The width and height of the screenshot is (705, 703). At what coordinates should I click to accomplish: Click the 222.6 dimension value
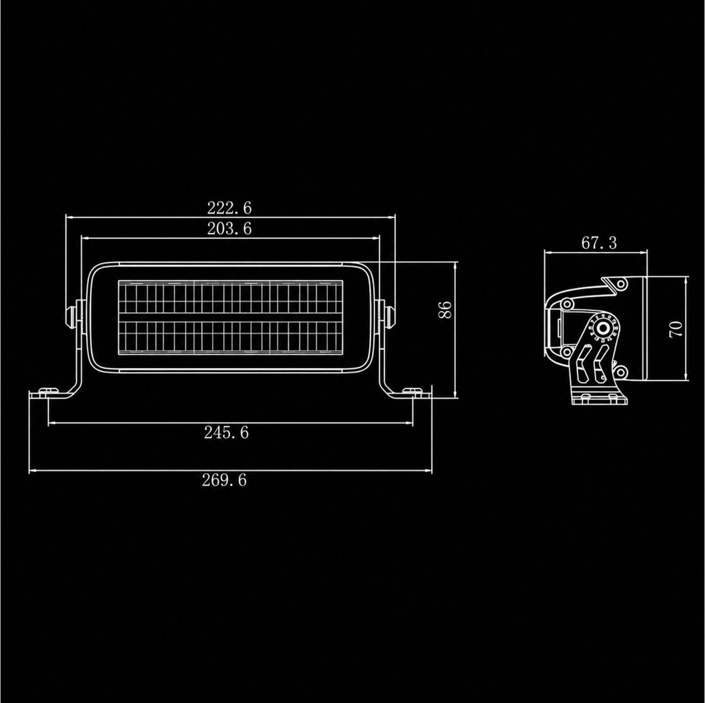(229, 208)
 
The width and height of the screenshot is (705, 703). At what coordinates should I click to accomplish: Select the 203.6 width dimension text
(229, 229)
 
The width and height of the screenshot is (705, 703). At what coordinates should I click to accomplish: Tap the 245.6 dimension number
(226, 433)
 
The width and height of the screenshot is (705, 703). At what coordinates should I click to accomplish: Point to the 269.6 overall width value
(224, 481)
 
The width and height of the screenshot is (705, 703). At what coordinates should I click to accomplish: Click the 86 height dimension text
(445, 310)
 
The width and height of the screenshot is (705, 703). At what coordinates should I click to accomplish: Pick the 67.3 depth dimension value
(599, 243)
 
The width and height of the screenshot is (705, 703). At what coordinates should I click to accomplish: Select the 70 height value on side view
(676, 329)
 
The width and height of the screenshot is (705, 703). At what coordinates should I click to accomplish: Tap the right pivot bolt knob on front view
(390, 317)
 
